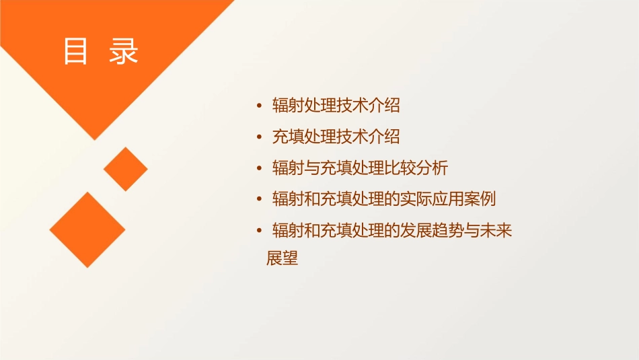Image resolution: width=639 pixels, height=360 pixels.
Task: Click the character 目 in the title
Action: pos(75,52)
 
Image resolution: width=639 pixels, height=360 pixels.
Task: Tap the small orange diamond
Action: pos(125,169)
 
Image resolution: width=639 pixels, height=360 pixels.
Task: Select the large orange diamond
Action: pos(87,229)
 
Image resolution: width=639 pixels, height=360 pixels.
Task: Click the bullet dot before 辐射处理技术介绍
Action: pos(260,106)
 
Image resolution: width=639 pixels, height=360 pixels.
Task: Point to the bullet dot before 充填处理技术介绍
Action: pos(260,137)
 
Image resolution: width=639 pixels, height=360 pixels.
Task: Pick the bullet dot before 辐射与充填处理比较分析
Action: pos(260,168)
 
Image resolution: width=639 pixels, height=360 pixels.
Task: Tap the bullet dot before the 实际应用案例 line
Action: pos(260,200)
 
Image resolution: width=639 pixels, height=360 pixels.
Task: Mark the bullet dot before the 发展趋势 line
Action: pos(260,231)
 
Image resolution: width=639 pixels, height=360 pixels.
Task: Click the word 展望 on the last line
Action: pos(283,258)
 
